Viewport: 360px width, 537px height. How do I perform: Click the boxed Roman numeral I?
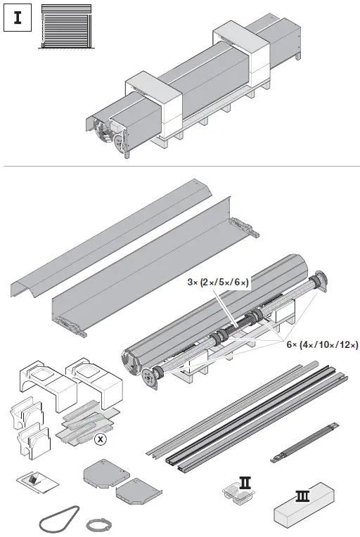(x=18, y=18)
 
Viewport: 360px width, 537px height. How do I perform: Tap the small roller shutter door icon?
(x=65, y=27)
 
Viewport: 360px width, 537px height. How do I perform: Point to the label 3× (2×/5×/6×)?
(x=218, y=282)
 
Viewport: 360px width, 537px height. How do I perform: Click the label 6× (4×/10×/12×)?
(x=322, y=344)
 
